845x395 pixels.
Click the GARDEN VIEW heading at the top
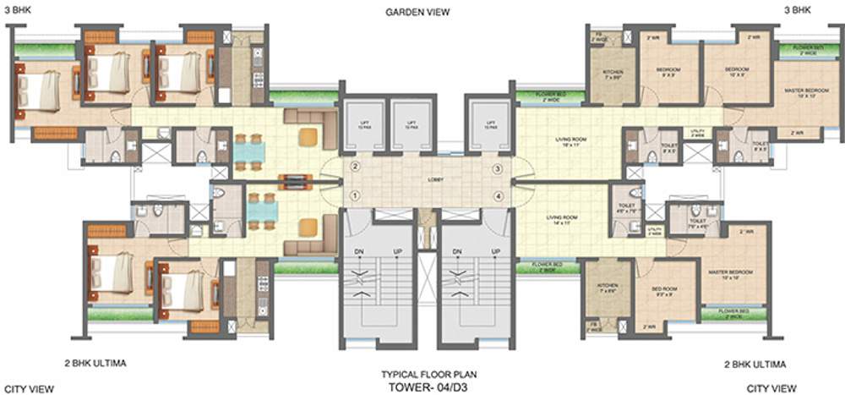point(417,12)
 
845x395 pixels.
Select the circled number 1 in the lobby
point(356,197)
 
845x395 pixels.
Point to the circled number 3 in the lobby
point(499,170)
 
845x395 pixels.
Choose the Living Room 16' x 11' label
point(572,142)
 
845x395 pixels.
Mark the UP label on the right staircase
point(492,252)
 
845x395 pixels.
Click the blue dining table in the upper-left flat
point(249,152)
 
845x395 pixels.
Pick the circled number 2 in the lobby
point(356,167)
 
